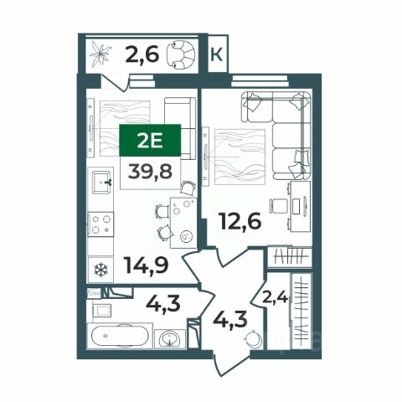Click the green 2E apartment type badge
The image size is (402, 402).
pos(150,140)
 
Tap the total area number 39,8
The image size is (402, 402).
pos(150,171)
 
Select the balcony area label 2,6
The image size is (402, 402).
pos(142,54)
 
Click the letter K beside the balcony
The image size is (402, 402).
pos(216,54)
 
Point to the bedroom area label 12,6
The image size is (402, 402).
pos(241,221)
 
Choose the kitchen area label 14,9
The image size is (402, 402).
pos(147,265)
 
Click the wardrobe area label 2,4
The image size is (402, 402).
pos(275,298)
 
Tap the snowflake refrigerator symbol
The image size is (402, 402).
pos(100,270)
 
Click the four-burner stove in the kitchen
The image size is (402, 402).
pos(100,224)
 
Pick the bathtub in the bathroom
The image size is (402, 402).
pos(120,336)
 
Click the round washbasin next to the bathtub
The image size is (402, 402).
pos(170,338)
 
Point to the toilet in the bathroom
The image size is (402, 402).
pos(102,310)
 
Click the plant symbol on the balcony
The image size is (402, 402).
pos(100,54)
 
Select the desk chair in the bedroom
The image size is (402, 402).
pos(278,206)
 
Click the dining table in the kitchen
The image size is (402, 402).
pos(183,223)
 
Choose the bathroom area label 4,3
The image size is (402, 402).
pos(163,303)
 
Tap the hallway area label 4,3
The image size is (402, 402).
pos(230,319)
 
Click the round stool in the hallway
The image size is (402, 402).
pos(254,339)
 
